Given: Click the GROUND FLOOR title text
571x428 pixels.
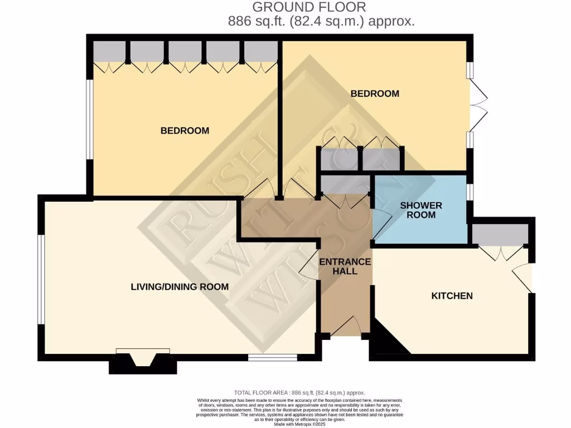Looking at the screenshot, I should point(309,7).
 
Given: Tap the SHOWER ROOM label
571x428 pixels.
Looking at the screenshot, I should point(421,210).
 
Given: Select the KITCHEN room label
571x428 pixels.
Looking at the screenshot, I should point(452,295).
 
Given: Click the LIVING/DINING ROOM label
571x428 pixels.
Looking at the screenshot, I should point(180,287).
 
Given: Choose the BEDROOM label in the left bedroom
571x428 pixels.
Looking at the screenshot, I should point(185,130).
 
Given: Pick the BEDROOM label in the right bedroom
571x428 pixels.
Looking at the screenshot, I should point(375,94).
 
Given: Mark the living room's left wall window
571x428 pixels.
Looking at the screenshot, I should point(40,279).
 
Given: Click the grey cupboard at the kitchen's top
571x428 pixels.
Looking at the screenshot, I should point(500,234).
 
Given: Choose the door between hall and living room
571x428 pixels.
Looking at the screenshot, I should point(309,269).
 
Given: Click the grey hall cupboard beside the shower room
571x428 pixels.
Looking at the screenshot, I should point(345,184).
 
